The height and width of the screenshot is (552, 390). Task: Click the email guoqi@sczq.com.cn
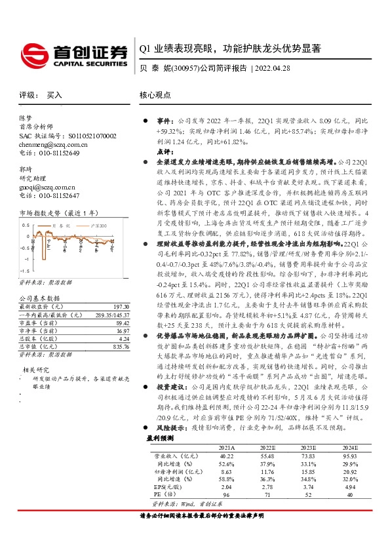[41, 186]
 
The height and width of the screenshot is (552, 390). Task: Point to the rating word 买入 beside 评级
[54, 95]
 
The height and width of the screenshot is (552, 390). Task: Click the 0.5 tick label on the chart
[26, 226]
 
